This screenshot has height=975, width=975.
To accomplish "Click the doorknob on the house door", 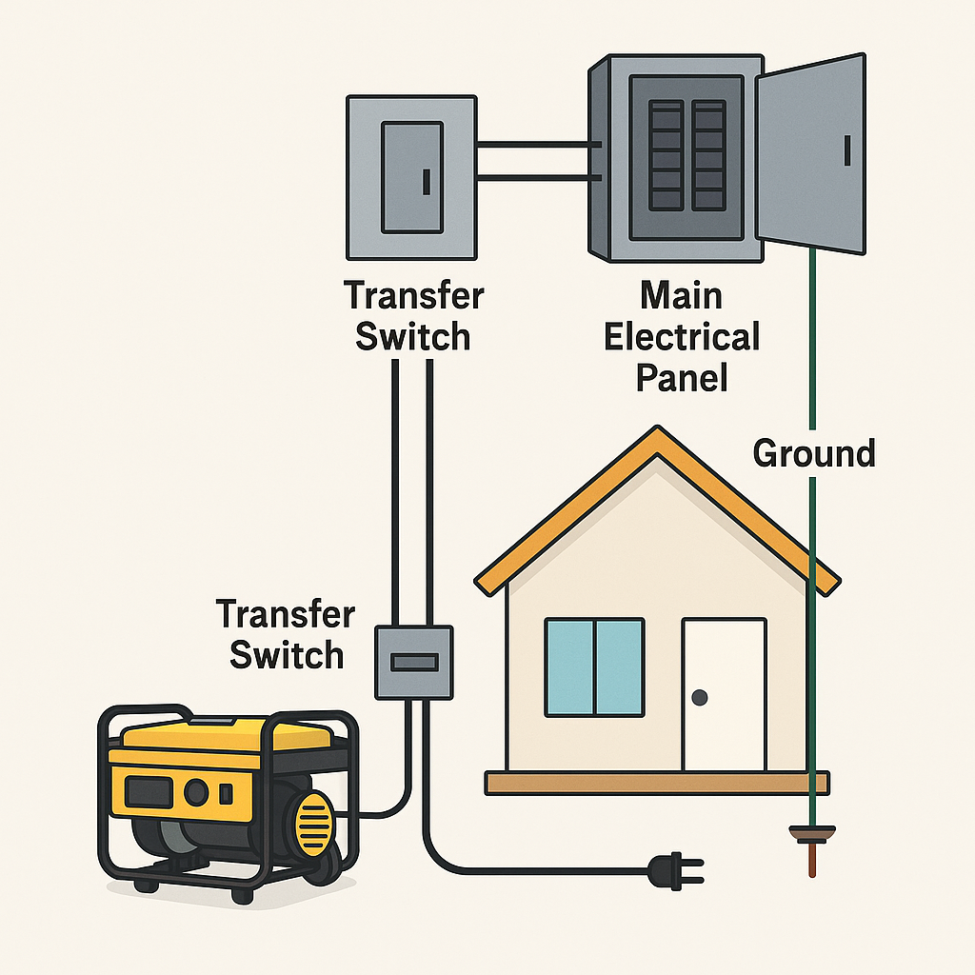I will (701, 698).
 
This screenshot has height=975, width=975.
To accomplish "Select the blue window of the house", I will (594, 667).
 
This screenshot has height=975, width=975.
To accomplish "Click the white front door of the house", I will (724, 693).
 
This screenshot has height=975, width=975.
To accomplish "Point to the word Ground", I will (813, 453).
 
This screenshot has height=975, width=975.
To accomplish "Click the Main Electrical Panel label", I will (683, 336).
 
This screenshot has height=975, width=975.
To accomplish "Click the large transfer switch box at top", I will (410, 177).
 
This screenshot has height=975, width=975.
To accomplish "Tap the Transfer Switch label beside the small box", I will (285, 633).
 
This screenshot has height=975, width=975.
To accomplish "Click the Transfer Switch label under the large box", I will (413, 315).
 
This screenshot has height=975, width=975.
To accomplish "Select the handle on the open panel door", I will (846, 150).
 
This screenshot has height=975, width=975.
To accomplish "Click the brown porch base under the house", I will (657, 783).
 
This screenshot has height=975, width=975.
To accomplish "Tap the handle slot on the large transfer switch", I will (427, 181).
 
